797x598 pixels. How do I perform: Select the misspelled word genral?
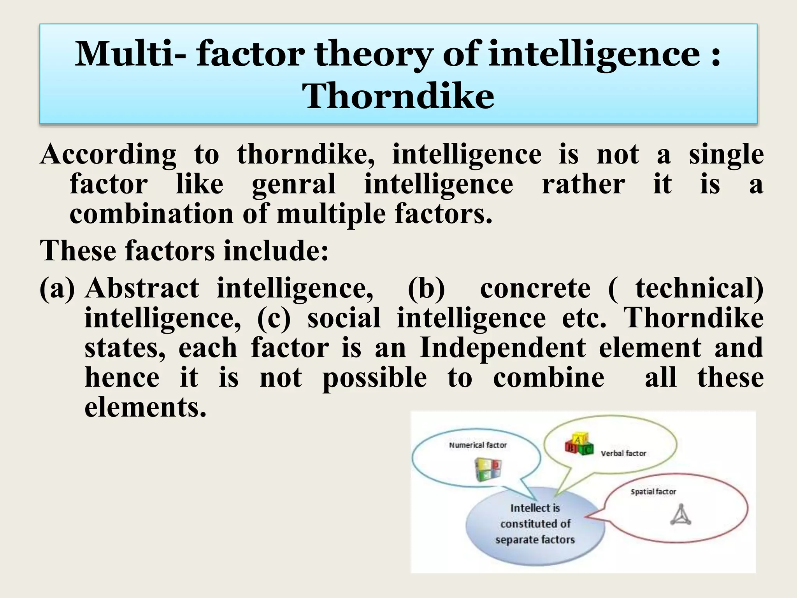click(293, 185)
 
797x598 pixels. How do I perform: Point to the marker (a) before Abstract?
click(57, 289)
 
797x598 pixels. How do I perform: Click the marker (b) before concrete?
click(426, 289)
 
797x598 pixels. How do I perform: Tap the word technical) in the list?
click(699, 289)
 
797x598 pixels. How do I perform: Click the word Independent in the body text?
click(502, 348)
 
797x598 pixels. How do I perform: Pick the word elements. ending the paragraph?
click(145, 407)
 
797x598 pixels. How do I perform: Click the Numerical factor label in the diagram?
click(477, 445)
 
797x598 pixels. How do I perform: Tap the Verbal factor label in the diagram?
click(623, 454)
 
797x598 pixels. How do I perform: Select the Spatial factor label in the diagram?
click(653, 492)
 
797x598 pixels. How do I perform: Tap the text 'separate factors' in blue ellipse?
click(535, 540)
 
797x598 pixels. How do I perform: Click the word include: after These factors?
click(276, 251)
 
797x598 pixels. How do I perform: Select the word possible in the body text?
click(374, 378)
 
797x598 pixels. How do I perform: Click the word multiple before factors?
click(331, 214)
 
